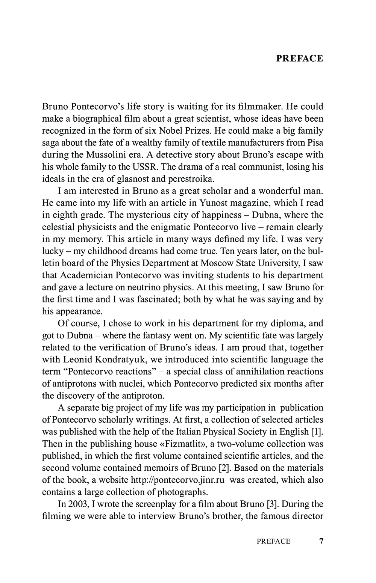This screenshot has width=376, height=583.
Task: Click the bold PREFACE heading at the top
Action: (299, 58)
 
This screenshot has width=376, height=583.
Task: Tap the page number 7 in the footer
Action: (321, 541)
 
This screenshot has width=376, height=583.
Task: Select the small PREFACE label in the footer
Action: (273, 541)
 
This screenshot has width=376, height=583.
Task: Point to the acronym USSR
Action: (147, 167)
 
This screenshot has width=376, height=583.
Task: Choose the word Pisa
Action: (315, 143)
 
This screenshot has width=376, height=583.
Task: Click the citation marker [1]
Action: (317, 432)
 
